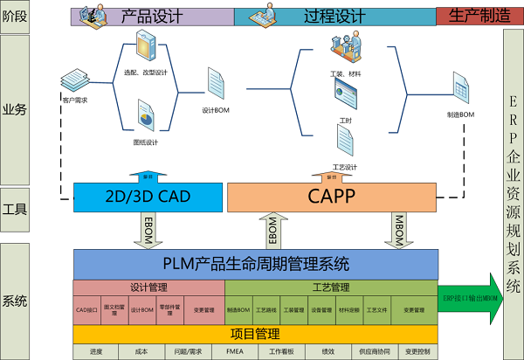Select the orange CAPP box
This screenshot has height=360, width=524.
331,197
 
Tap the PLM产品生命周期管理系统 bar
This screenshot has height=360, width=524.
255,263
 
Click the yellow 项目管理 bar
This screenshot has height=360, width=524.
255,333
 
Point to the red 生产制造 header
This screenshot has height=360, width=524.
467,16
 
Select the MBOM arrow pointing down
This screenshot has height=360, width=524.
398,230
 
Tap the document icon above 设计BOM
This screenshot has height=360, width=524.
216,84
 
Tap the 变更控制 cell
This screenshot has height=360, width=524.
418,352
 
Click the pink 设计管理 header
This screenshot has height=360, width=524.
148,287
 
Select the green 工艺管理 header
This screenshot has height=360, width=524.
331,287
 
